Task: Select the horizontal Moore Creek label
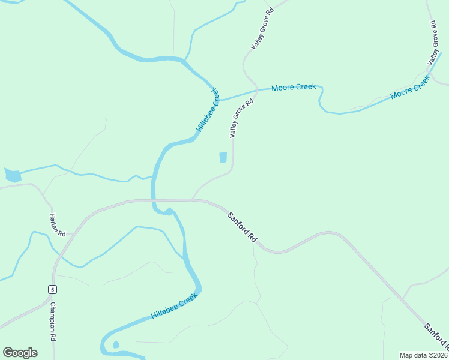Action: (x=293, y=88)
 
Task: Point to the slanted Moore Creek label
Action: (x=411, y=88)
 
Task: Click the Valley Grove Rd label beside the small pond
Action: (x=242, y=119)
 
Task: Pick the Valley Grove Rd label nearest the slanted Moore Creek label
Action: (x=433, y=43)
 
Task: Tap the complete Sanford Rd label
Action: (x=242, y=226)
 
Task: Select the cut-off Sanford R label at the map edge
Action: (x=436, y=336)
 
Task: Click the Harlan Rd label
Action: (x=58, y=225)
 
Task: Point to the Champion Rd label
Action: (x=53, y=321)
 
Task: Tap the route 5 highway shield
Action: (x=53, y=290)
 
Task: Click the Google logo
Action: (x=20, y=353)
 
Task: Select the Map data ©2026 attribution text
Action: (x=424, y=355)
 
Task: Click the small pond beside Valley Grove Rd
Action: (x=223, y=157)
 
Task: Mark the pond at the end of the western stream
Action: (x=12, y=176)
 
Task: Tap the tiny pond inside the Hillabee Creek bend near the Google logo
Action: (x=116, y=345)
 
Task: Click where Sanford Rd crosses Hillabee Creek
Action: (x=154, y=200)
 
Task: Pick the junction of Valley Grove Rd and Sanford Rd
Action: (x=193, y=199)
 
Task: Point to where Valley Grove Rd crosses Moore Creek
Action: (x=257, y=91)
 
